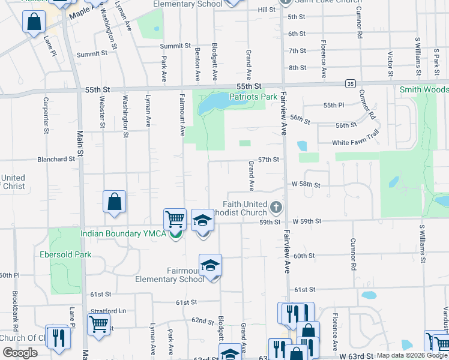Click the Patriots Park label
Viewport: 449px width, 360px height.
pos(253,96)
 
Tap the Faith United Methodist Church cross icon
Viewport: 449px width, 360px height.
pos(276,208)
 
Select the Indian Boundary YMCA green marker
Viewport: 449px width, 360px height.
pos(175,233)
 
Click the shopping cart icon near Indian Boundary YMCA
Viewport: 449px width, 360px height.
pos(175,219)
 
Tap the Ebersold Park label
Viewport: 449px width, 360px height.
pos(65,254)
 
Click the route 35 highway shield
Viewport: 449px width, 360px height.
pos(351,83)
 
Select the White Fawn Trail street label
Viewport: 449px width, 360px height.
pos(356,143)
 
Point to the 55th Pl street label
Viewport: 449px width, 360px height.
pos(333,105)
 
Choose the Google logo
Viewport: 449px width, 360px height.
pos(20,352)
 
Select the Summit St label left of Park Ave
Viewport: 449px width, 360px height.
pos(91,53)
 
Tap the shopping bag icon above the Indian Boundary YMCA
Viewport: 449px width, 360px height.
pos(114,202)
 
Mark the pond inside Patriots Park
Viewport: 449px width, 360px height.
pos(211,103)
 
